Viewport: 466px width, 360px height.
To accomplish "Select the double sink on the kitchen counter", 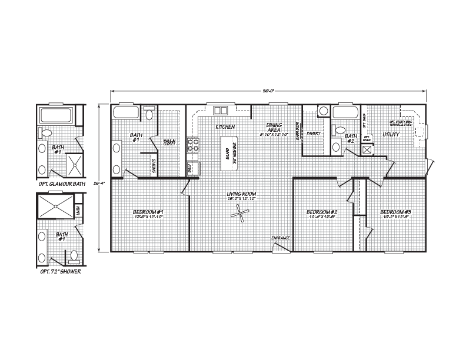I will [x=221, y=110].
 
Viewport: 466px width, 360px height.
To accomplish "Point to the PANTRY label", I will [x=312, y=134].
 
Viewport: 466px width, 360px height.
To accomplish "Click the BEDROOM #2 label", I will [x=322, y=212].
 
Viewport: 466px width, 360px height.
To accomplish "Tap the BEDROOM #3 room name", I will [x=395, y=212].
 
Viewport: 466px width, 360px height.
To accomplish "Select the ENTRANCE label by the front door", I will [x=280, y=238].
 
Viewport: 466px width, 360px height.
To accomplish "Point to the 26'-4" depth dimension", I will [x=98, y=183].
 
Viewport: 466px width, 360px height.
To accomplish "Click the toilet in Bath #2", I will [x=339, y=130].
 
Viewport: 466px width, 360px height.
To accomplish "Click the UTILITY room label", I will [x=391, y=135].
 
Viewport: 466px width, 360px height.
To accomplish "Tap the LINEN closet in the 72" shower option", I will [x=79, y=209].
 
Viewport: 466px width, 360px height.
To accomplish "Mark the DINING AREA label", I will [x=274, y=129].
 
